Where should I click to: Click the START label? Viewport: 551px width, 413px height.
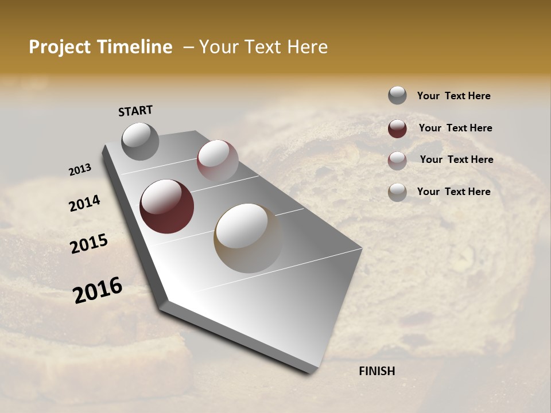[135, 111]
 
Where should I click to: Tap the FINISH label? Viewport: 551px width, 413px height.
[377, 371]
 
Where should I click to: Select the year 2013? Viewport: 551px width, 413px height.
[80, 170]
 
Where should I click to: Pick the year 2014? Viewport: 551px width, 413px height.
[84, 204]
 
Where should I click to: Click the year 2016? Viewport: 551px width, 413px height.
[98, 290]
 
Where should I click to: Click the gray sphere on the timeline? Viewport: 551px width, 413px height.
[141, 141]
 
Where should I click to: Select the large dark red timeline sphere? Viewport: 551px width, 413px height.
[166, 206]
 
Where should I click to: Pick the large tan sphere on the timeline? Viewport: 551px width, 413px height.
[248, 238]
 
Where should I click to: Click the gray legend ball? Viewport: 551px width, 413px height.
[397, 95]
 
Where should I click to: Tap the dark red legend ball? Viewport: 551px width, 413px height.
[397, 128]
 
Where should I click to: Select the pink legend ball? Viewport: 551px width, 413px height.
[397, 161]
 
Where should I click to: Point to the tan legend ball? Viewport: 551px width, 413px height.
[397, 192]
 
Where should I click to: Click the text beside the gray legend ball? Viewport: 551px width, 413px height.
[453, 96]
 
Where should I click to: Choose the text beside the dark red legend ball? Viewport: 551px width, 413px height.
[455, 128]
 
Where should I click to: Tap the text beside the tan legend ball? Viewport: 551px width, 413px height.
[453, 192]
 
